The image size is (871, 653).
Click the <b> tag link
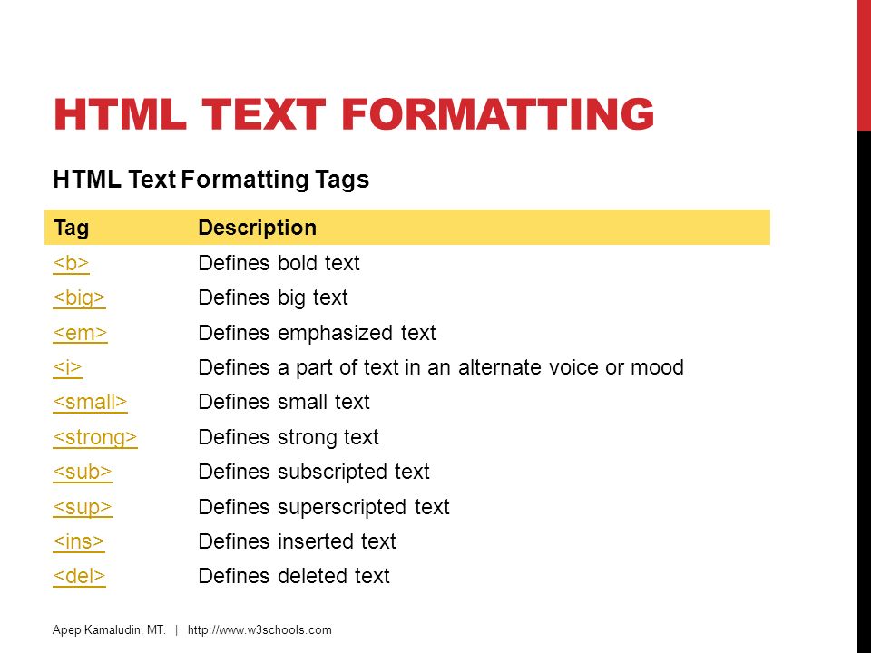pos(71,263)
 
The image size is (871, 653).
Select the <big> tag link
pos(80,298)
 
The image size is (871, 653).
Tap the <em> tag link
pos(80,333)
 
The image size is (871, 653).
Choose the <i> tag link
pos(67,367)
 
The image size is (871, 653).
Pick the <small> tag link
pos(90,402)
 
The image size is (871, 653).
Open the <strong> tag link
pos(95,437)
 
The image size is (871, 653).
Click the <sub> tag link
pos(83,472)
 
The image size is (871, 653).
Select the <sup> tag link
pos(83,508)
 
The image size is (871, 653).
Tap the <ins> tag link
pos(79,542)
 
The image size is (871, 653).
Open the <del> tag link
pos(79,577)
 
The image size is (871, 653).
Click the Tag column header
pos(71,229)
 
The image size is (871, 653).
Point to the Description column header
pos(257,228)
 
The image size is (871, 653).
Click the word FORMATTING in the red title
pos(498,114)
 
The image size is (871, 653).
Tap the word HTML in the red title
pos(120,114)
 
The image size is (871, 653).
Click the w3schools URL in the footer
pos(259,630)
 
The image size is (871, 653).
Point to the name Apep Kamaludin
pos(100,630)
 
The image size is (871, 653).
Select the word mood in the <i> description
pos(657,367)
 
